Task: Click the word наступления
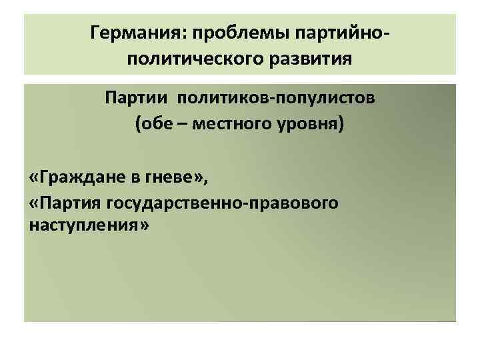pyautogui.click(x=83, y=226)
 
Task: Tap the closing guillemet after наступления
pyautogui.click(x=143, y=227)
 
